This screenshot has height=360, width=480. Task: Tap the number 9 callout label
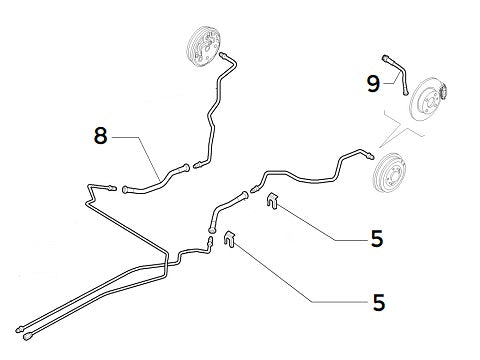(372, 83)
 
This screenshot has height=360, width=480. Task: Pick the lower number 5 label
(378, 300)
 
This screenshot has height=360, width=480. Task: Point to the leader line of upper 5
(315, 225)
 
